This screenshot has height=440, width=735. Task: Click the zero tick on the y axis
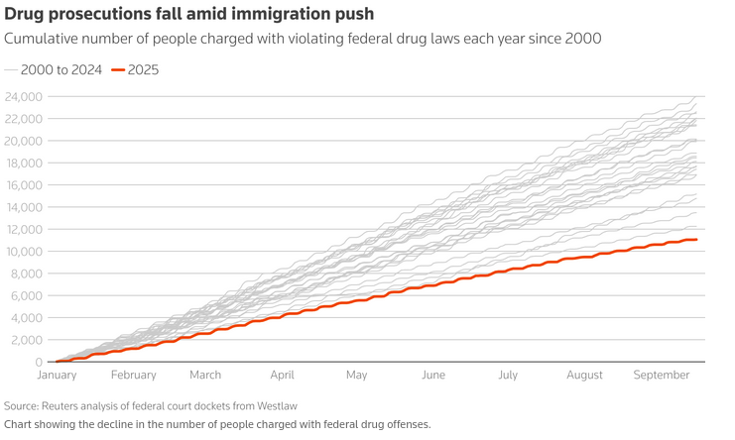point(37,362)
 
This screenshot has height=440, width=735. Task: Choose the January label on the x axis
point(57,375)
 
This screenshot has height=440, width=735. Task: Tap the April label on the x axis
point(282,375)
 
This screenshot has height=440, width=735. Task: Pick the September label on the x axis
point(662,375)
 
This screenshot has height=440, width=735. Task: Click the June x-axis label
point(432,375)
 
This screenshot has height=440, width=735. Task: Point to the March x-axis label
point(205,375)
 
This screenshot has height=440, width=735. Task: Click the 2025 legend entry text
point(143,69)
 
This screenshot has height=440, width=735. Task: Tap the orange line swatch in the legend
point(117,69)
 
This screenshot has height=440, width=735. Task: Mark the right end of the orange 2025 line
point(697,239)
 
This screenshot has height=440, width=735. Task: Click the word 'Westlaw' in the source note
point(275,406)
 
